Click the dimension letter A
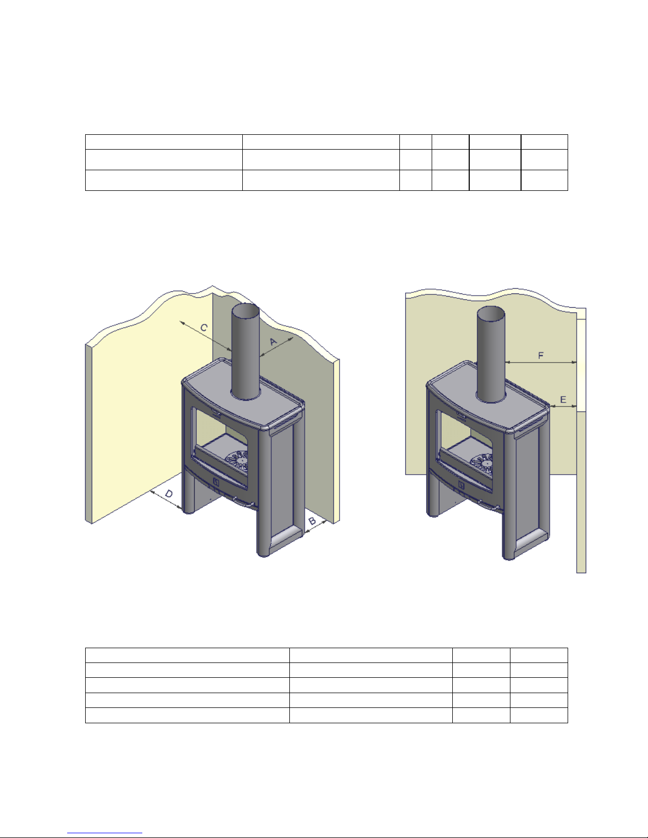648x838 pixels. [273, 342]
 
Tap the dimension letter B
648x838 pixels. [313, 521]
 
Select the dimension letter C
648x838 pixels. [204, 328]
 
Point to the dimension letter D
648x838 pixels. [169, 494]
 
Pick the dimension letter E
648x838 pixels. [563, 400]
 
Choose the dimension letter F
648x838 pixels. [541, 356]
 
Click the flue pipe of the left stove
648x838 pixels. [245, 352]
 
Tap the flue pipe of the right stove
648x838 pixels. [491, 354]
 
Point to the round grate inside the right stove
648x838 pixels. [481, 463]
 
